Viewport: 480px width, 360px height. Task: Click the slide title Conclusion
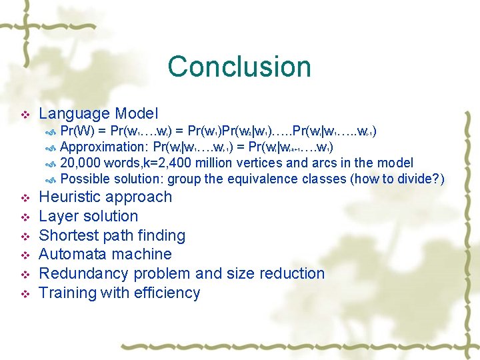[x=239, y=67]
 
